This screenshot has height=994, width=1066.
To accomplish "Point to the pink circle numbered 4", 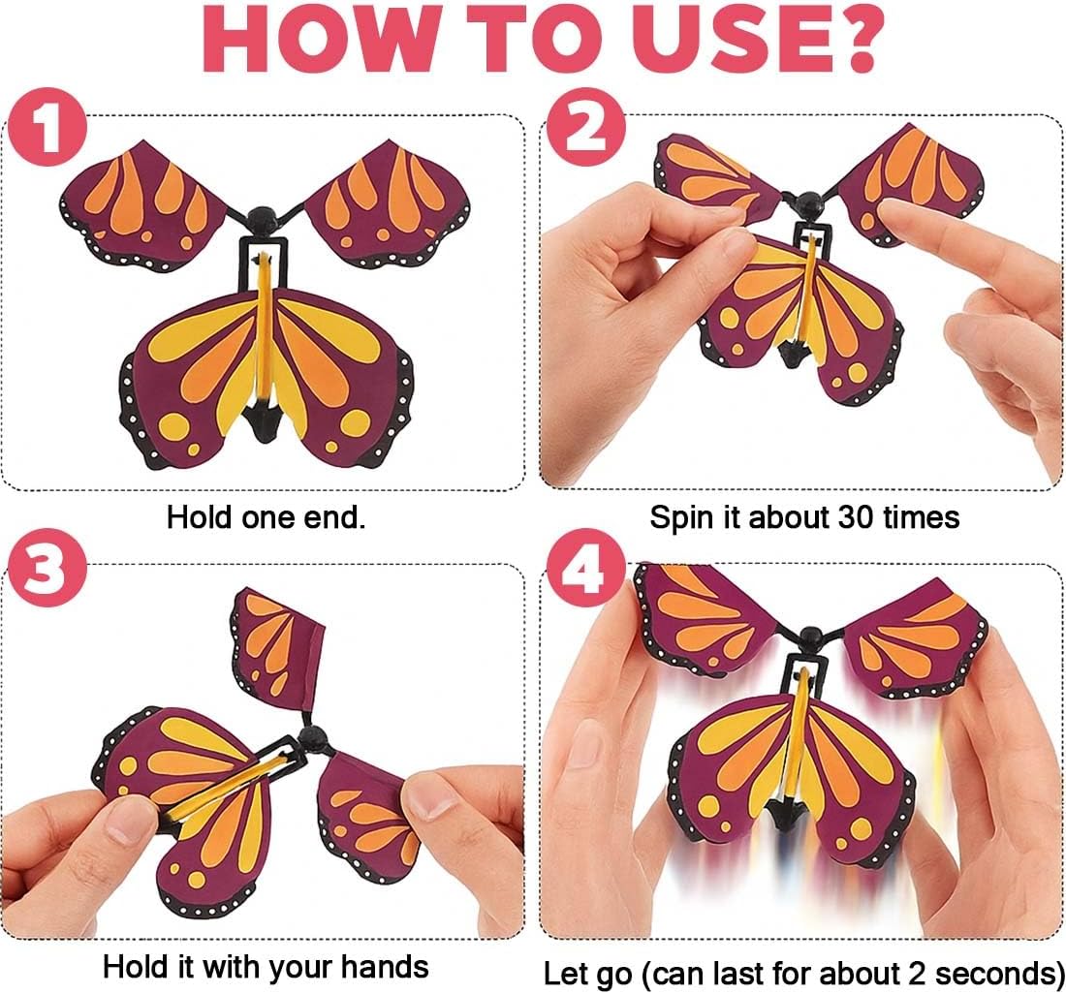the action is pyautogui.click(x=585, y=568).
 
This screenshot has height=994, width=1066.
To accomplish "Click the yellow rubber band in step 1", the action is pyautogui.click(x=263, y=326).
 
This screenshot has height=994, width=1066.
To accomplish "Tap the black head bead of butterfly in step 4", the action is pyautogui.click(x=810, y=638).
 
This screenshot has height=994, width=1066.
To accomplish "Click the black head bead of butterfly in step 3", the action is pyautogui.click(x=313, y=737).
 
